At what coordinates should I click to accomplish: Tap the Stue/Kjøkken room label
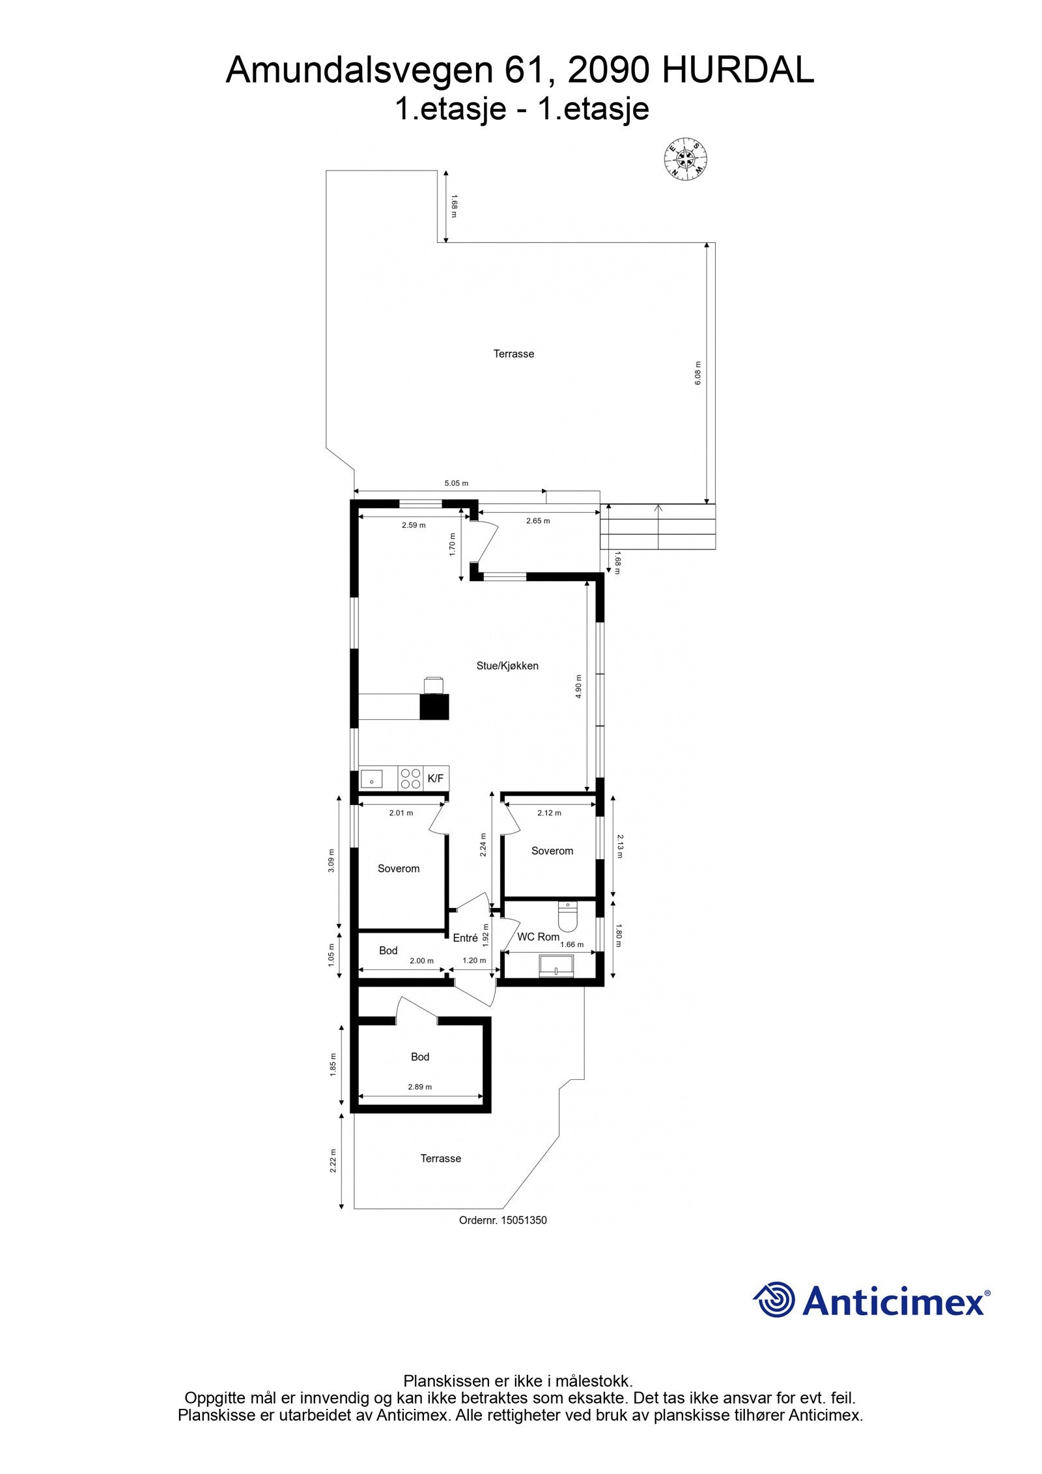[x=507, y=666]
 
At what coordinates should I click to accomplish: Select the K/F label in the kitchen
[x=435, y=778]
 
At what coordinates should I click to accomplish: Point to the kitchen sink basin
[x=371, y=778]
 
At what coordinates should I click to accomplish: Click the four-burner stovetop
[x=410, y=778]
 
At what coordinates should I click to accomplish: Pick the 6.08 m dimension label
[x=697, y=373]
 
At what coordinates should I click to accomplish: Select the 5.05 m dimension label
[x=456, y=483]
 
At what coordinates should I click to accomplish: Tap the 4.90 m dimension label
[x=578, y=687]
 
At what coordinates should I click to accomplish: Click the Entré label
[x=465, y=938]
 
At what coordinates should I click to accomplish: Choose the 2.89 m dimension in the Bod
[x=419, y=1086]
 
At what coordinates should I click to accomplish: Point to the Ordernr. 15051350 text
[x=503, y=1220]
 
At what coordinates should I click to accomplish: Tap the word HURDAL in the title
[x=737, y=70]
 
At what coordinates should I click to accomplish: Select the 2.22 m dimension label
[x=333, y=1161]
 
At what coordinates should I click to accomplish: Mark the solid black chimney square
[x=434, y=707]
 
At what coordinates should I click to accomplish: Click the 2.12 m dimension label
[x=549, y=813]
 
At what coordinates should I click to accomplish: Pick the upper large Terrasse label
[x=513, y=354]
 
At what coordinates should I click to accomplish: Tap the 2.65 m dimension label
[x=537, y=520]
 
